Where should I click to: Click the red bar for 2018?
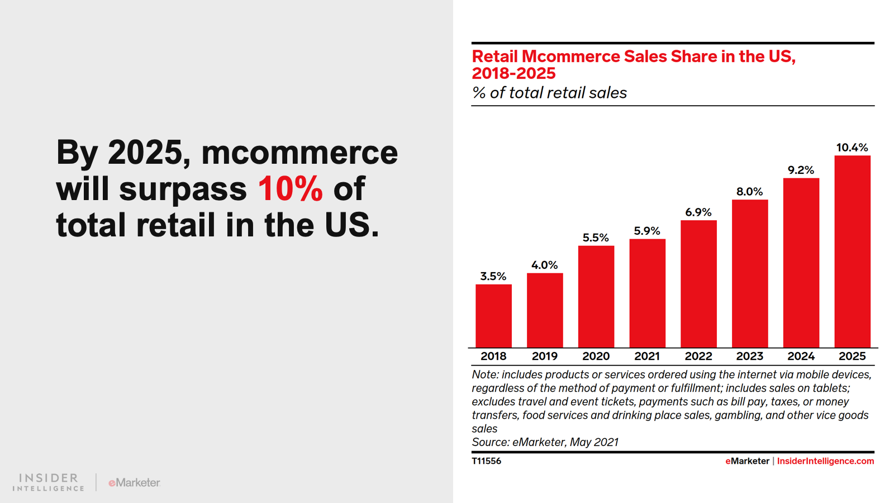tap(493, 316)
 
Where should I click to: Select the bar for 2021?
tap(647, 293)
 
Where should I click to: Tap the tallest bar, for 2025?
tap(852, 251)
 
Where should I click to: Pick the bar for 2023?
tap(750, 274)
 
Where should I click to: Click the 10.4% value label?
tap(852, 148)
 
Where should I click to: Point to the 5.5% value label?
tap(596, 238)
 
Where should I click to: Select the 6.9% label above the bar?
tap(698, 212)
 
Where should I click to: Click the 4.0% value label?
tap(545, 265)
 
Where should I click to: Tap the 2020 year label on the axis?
tap(596, 356)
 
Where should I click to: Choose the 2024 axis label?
tap(801, 356)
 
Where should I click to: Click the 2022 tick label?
tap(698, 356)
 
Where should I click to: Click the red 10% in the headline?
tap(291, 189)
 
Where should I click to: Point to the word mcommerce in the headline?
tap(299, 153)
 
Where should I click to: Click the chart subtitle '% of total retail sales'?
tap(549, 93)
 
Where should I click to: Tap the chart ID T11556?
tap(486, 461)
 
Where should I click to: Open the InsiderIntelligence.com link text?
tap(825, 461)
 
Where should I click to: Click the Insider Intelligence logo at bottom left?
tap(49, 482)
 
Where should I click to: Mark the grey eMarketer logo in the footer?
tap(134, 482)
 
